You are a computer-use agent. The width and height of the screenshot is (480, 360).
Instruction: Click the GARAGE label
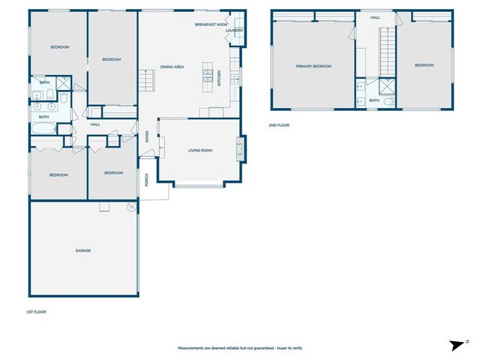82,250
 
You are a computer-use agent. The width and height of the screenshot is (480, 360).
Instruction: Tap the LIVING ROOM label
200,150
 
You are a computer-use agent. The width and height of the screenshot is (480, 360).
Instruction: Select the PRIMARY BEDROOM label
313,66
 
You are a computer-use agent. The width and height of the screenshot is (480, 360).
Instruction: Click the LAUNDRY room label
235,31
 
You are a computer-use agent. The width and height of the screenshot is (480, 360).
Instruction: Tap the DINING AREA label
172,67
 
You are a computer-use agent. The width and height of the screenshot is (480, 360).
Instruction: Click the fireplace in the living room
240,148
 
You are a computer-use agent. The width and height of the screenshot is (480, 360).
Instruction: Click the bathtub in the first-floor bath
43,129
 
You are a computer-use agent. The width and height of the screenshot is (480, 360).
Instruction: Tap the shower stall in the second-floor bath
387,87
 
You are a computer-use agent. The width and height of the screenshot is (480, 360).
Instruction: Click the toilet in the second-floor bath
387,100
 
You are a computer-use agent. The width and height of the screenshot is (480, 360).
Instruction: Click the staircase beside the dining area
145,78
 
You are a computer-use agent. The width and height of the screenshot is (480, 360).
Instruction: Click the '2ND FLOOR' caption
278,125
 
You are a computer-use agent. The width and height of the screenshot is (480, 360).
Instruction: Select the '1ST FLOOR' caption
36,312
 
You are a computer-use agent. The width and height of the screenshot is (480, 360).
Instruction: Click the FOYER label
147,137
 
